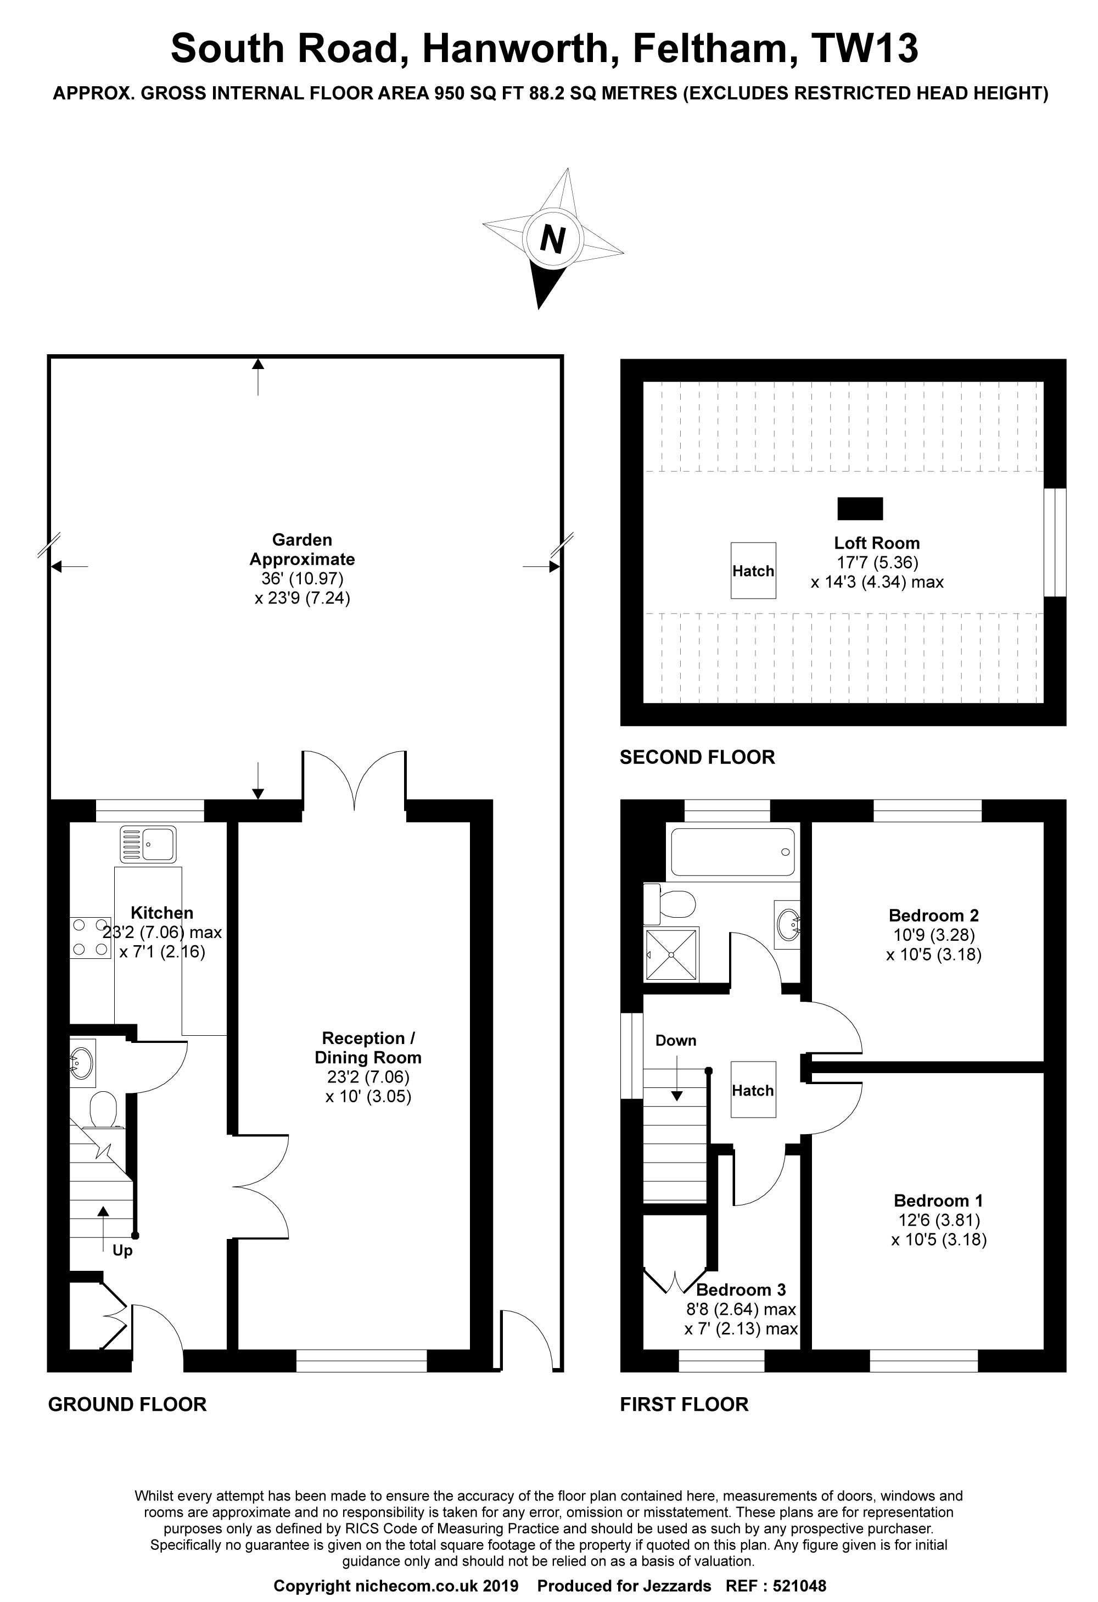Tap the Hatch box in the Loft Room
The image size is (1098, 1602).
pos(753,570)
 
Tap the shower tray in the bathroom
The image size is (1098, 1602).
pos(672,954)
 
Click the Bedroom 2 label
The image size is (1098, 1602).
pos(933,916)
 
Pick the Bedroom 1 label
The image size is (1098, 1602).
pos(938,1200)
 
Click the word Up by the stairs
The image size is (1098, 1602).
pos(122,1251)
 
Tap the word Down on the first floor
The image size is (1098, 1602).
pos(675,1040)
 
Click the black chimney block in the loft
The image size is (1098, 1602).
pos(860,509)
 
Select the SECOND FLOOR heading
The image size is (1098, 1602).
pos(697,757)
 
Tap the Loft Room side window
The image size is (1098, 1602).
pos(1055,542)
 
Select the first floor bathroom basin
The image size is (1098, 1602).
pos(787,924)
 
